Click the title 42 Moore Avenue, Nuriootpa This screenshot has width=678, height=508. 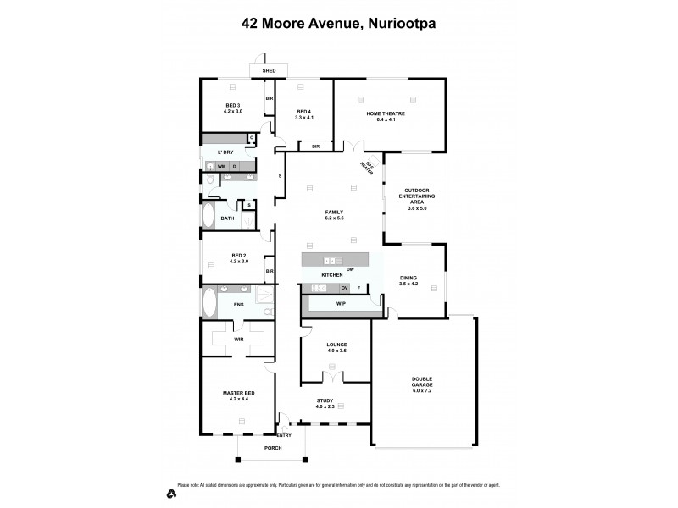pyautogui.click(x=339, y=25)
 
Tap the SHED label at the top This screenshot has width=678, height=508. pyautogui.click(x=270, y=71)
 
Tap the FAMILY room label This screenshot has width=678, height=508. pyautogui.click(x=333, y=214)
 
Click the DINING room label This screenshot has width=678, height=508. pyautogui.click(x=408, y=280)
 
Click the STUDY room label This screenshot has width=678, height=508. pyautogui.click(x=325, y=403)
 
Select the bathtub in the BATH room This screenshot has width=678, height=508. pyautogui.click(x=208, y=215)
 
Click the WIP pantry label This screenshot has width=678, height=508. pyautogui.click(x=341, y=303)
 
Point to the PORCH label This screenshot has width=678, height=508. pyautogui.click(x=272, y=448)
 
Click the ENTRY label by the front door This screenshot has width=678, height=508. pyautogui.click(x=284, y=436)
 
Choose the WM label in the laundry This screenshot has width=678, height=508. pyautogui.click(x=221, y=166)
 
